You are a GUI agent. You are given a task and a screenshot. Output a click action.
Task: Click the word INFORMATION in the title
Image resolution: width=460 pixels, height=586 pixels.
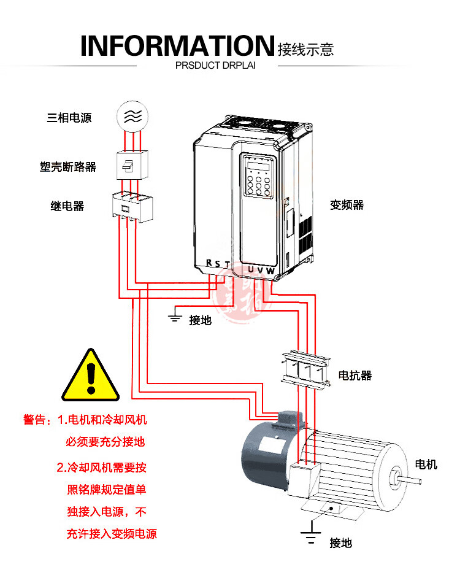pyautogui.click(x=177, y=47)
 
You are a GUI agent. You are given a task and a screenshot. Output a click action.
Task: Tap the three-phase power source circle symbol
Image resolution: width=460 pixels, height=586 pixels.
pyautogui.click(x=132, y=116)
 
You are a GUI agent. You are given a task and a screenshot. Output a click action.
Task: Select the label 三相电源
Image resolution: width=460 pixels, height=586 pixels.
pyautogui.click(x=69, y=118)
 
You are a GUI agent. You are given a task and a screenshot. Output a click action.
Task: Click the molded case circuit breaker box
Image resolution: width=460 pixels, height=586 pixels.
pyautogui.click(x=132, y=164)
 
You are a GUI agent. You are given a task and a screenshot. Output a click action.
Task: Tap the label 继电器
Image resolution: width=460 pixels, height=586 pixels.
pyautogui.click(x=67, y=206)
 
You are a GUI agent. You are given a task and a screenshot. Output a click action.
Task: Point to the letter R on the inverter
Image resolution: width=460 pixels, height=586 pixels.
pyautogui.click(x=209, y=263)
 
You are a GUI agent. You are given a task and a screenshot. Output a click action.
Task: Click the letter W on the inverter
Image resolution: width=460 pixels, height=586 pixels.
pyautogui.click(x=270, y=270)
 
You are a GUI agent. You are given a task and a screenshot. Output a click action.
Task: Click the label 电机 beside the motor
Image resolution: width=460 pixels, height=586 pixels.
pyautogui.click(x=426, y=465)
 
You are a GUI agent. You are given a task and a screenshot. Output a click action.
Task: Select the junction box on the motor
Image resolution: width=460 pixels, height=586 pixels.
pyautogui.click(x=302, y=480)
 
